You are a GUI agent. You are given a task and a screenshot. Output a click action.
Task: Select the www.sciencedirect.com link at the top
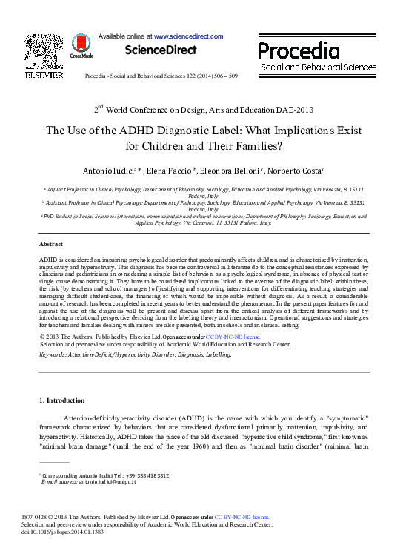coord(185,35)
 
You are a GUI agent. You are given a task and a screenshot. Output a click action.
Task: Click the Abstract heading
coord(50,244)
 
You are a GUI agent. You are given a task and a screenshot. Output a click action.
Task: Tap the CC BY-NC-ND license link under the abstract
coord(230,337)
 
